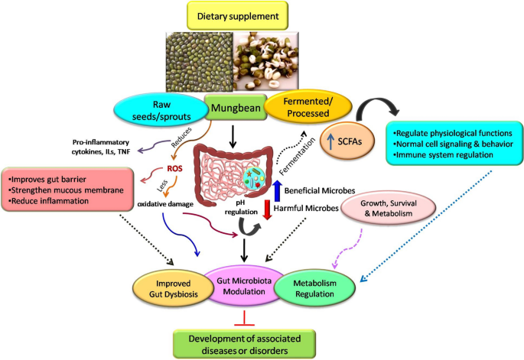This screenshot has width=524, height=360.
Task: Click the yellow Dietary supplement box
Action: tap(237, 16)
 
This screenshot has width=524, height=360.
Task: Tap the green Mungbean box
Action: tap(236, 108)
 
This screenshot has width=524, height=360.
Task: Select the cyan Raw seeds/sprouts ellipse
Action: tap(161, 111)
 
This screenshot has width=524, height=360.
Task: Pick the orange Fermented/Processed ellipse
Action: tap(308, 107)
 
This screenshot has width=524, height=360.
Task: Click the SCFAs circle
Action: tap(347, 141)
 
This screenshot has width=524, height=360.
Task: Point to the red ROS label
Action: tap(174, 169)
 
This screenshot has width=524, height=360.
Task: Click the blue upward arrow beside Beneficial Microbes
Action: tap(277, 191)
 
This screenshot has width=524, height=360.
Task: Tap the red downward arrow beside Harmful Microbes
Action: tap(267, 209)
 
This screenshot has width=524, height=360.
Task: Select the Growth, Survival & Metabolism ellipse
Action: tap(389, 209)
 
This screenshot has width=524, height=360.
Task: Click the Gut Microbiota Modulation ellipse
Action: tap(244, 286)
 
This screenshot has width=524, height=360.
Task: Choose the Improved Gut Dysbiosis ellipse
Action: tap(174, 288)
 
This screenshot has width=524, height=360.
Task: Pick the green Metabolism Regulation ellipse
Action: tap(314, 288)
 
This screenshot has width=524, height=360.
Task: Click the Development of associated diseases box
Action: tap(244, 344)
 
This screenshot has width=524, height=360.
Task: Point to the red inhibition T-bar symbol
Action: tap(244, 318)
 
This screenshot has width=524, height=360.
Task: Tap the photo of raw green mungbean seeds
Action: tap(199, 62)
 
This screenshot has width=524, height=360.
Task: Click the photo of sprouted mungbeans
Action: tap(265, 61)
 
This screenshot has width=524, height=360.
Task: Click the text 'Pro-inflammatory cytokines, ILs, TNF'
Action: tap(100, 147)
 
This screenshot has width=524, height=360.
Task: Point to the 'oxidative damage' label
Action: tap(165, 204)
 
